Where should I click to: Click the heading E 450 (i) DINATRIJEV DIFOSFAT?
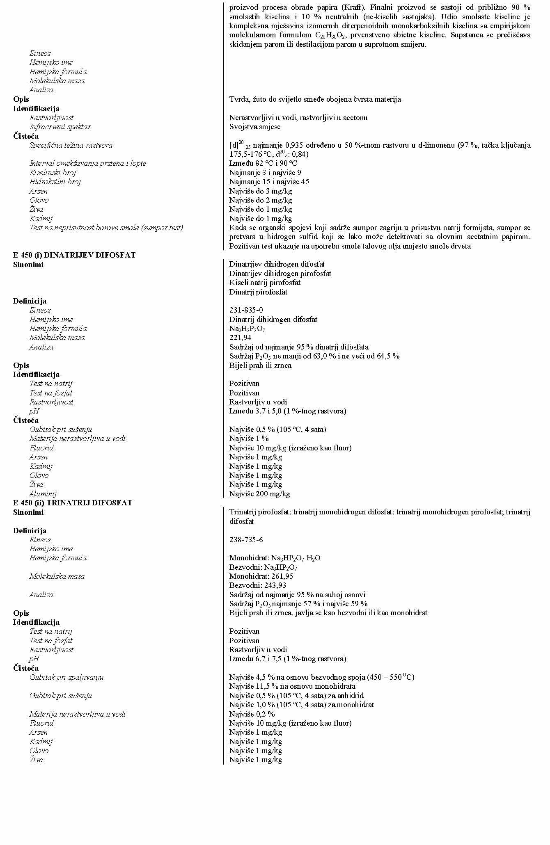click(x=74, y=255)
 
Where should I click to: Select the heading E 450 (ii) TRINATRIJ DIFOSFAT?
click(x=73, y=503)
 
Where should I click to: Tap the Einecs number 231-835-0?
click(x=246, y=310)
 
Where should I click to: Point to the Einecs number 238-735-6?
click(x=246, y=540)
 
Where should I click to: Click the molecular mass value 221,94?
click(x=240, y=338)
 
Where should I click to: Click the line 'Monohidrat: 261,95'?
click(x=261, y=576)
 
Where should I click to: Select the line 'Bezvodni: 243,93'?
click(x=257, y=585)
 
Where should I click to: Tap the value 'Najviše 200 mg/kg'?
click(x=259, y=494)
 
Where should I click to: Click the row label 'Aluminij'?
click(x=43, y=494)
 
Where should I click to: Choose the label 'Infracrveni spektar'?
click(x=60, y=127)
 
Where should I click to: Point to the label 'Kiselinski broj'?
click(x=53, y=173)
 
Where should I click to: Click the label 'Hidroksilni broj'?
click(x=55, y=182)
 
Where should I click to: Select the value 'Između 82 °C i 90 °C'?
click(x=263, y=163)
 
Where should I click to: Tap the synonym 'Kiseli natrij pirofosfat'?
click(x=265, y=283)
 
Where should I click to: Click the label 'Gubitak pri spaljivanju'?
click(x=66, y=677)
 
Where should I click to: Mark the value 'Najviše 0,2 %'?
click(x=252, y=714)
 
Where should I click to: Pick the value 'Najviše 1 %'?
click(x=249, y=438)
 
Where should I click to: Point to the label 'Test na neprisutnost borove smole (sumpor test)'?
click(x=106, y=228)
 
